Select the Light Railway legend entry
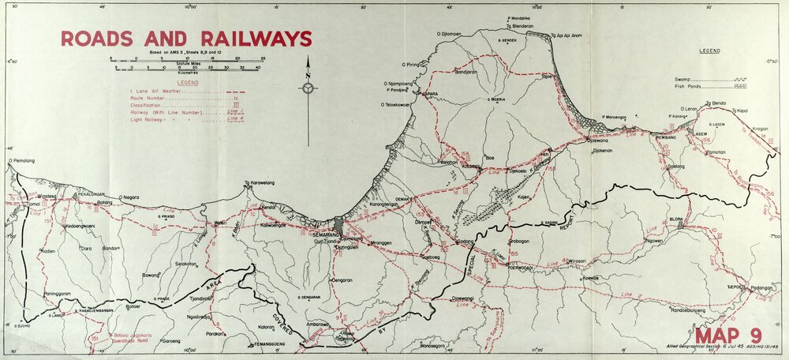coord(158,122)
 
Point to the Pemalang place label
coord(24,160)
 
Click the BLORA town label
coord(674,219)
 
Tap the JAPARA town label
coord(430,93)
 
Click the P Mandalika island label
coord(518,17)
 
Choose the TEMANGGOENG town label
coord(251,345)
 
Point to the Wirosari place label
coord(600,261)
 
